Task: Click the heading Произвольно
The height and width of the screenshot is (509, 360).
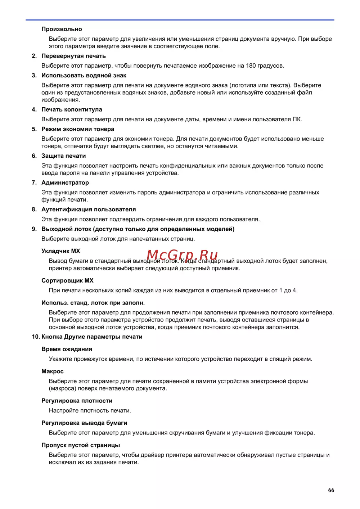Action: [62, 29]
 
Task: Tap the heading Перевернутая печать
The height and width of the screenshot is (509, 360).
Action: [73, 56]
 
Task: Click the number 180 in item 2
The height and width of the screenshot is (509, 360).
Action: [251, 66]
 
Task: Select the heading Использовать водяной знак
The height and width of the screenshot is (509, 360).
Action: [84, 76]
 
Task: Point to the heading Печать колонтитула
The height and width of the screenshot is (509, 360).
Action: [72, 109]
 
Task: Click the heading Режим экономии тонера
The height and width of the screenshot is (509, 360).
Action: [78, 129]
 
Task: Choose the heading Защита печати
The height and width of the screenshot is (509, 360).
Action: [63, 156]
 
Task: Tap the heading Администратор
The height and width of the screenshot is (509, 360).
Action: [65, 183]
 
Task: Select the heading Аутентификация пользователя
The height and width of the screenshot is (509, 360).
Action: [89, 210]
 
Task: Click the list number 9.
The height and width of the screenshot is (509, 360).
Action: [34, 229]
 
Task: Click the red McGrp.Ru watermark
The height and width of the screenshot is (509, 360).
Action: [182, 255]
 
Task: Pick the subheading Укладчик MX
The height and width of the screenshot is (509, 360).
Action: [61, 251]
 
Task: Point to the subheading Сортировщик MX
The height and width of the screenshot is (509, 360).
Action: [67, 280]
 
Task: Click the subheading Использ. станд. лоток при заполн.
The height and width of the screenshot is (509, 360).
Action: [93, 303]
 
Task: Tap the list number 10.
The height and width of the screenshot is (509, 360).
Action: [36, 337]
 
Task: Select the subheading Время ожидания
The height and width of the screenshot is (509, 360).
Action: [67, 349]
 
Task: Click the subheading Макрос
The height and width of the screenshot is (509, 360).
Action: [53, 371]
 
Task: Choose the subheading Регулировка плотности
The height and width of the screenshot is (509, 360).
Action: [77, 401]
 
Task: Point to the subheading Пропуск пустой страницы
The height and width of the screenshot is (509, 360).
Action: [81, 445]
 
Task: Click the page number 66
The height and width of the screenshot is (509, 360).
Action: [331, 490]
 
